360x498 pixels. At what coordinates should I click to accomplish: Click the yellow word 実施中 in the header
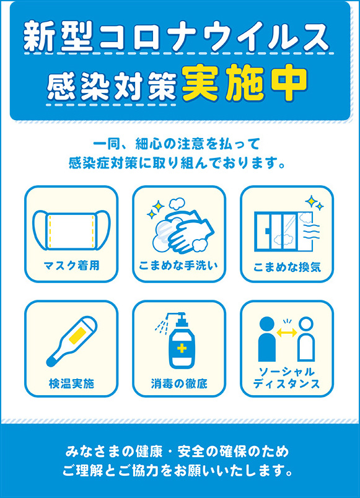tap(245, 83)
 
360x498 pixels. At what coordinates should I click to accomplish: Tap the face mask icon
tap(71, 230)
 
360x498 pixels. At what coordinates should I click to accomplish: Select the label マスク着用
tap(71, 265)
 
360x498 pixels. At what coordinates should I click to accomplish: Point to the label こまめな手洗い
tap(178, 266)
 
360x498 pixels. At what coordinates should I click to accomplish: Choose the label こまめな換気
tap(287, 267)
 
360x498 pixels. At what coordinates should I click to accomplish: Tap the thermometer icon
tap(71, 341)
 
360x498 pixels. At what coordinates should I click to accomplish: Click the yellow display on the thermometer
tap(79, 334)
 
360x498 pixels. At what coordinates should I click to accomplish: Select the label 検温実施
tap(71, 383)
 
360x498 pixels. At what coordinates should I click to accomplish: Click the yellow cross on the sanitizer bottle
tap(182, 348)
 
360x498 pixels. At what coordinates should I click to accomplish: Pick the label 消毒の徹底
tap(179, 383)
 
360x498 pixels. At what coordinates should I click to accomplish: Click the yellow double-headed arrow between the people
tap(287, 333)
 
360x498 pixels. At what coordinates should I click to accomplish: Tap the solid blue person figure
tap(267, 339)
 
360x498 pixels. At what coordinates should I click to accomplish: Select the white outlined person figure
tap(306, 339)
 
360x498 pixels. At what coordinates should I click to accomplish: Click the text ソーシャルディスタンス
tap(287, 378)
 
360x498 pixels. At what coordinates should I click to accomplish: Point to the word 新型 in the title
tap(58, 37)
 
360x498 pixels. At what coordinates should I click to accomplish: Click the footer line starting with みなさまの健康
tap(177, 452)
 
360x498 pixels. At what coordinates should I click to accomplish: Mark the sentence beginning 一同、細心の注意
tap(177, 144)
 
